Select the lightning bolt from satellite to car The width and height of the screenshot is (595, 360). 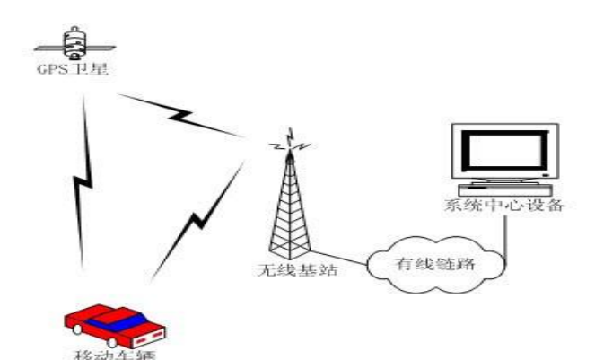[83, 180]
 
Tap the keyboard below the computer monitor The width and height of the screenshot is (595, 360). [497, 189]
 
